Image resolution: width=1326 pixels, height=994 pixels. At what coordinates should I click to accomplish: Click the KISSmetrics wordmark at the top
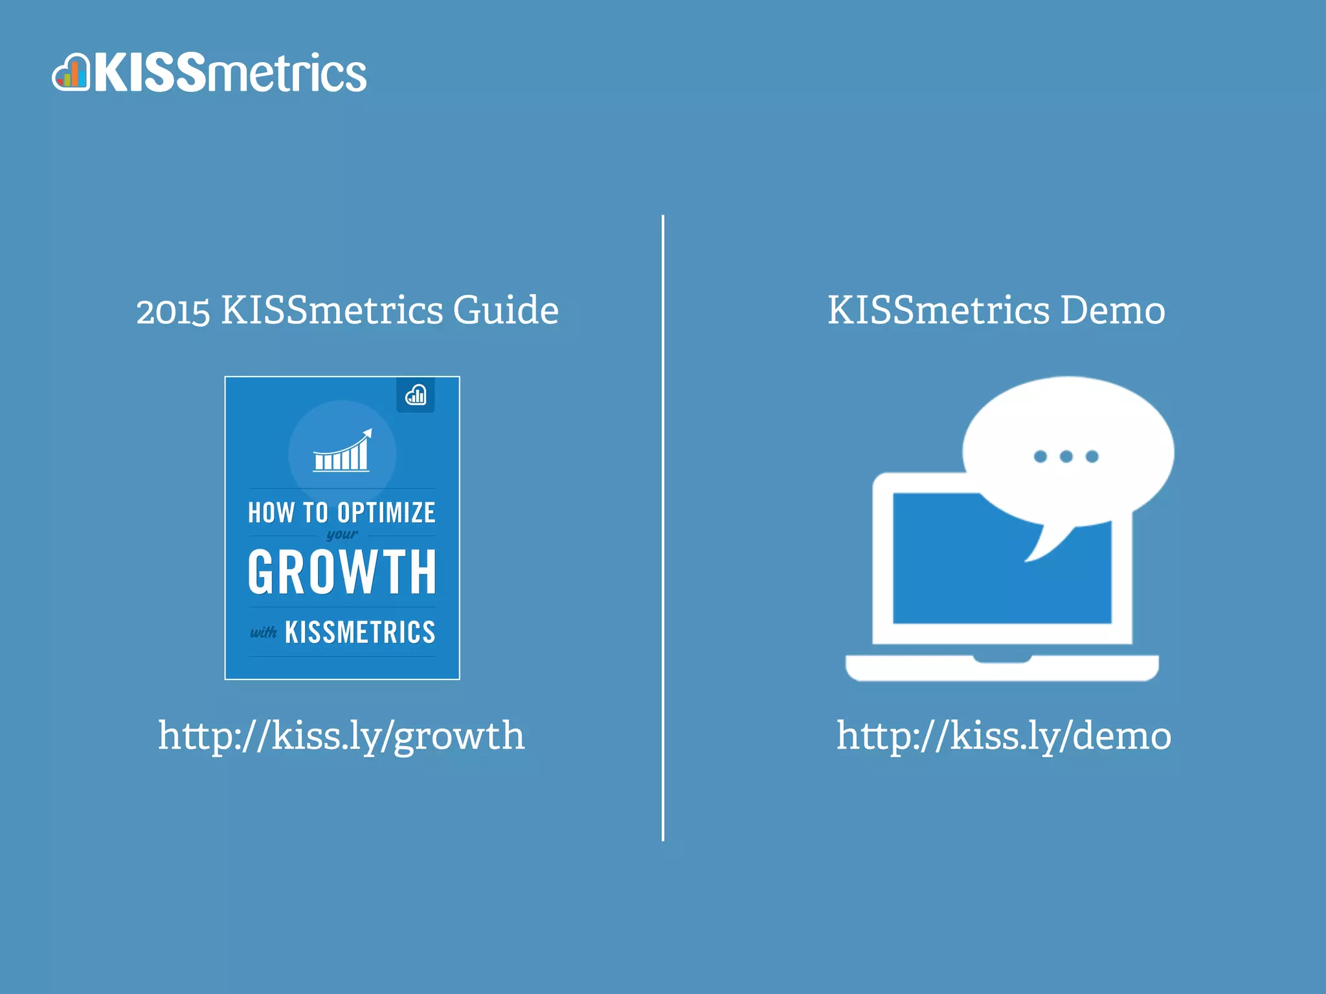coord(230,73)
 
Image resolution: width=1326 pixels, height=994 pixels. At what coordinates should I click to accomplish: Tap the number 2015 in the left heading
coord(173,311)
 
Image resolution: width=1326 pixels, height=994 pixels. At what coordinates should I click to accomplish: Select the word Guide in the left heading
coord(505,310)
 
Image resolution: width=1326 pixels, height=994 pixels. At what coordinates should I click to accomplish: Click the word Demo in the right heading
coord(1112,310)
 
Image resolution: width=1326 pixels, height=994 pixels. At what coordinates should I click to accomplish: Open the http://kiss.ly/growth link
coord(341,736)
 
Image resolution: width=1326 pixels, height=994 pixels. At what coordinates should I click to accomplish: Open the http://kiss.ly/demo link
coord(1003,736)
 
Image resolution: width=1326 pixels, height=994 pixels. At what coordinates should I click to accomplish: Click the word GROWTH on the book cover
coord(342,572)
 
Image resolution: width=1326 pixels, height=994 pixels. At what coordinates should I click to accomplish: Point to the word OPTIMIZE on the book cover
coord(387,513)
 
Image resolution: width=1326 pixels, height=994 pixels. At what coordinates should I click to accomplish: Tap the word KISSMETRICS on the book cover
coord(360,632)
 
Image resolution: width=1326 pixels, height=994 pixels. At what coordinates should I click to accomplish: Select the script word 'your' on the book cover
coord(342,535)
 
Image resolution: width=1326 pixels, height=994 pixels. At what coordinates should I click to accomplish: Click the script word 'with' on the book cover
coord(264,632)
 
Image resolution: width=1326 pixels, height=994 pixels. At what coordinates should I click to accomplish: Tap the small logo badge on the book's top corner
coord(416,395)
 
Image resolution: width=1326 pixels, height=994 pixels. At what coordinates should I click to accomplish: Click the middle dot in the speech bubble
coord(1066,457)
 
